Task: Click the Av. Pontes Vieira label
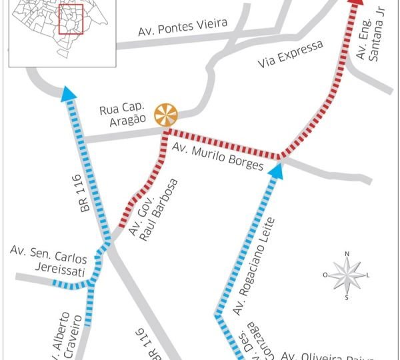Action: tap(182, 27)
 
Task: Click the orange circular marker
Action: tap(166, 114)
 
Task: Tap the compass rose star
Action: tap(347, 275)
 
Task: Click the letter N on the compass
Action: tap(347, 254)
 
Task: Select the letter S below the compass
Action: tap(347, 298)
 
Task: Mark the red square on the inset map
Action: tap(70, 20)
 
